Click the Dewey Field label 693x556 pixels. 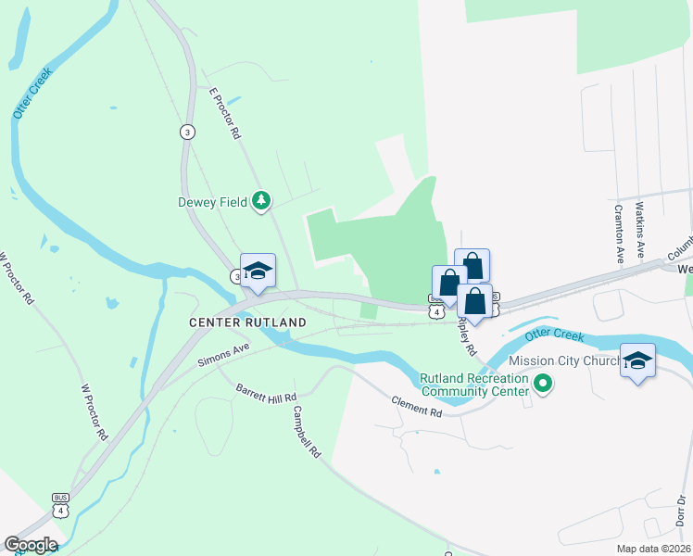212,201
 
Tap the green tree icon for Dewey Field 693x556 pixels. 262,200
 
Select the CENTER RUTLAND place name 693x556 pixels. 247,322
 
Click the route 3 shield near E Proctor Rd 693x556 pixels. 188,132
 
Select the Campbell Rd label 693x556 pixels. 306,432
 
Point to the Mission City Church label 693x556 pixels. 565,360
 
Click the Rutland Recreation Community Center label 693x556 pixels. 473,385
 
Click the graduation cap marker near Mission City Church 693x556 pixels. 637,360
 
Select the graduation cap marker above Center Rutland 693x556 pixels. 258,271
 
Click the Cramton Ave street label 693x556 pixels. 617,234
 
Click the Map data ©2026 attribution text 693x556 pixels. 653,549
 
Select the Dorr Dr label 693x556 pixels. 681,513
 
